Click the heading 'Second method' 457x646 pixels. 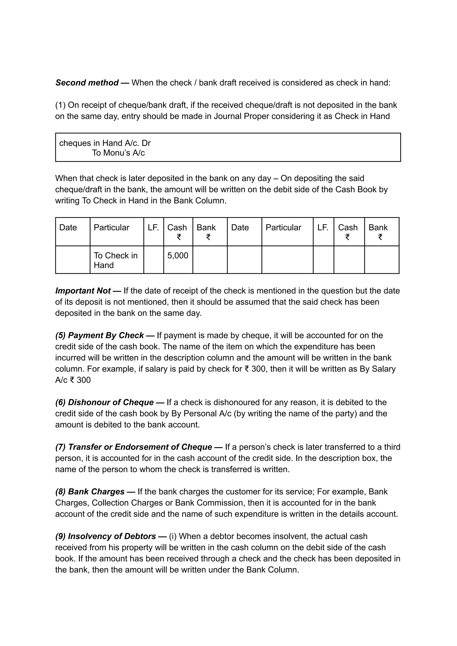click(87, 83)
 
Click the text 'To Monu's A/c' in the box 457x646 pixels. click(118, 153)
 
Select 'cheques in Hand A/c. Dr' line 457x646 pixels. click(105, 143)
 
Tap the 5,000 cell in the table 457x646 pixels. click(178, 256)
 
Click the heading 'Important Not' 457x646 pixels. click(83, 291)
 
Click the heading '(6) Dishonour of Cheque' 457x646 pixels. click(104, 402)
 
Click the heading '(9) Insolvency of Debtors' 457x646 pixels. click(106, 536)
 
